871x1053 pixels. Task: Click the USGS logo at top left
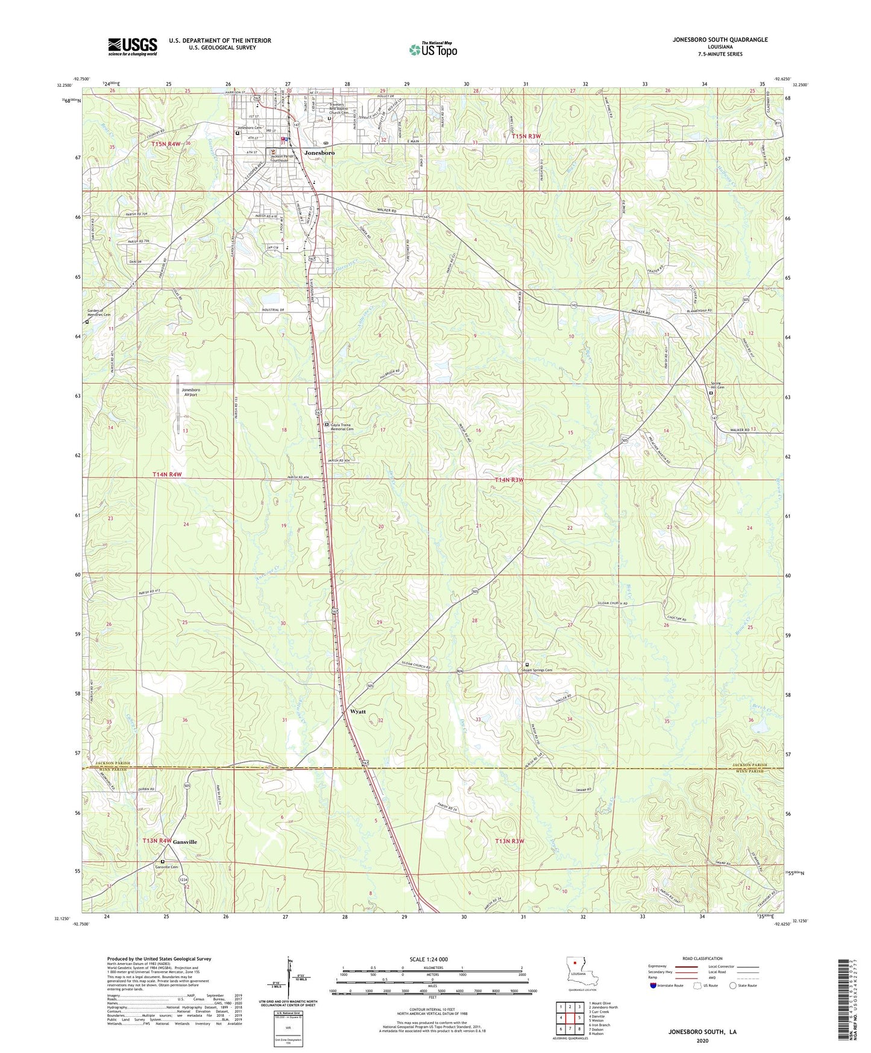click(x=132, y=46)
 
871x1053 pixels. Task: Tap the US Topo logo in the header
click(x=433, y=49)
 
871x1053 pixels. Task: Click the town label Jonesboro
click(x=319, y=153)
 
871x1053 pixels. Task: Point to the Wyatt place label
click(x=357, y=712)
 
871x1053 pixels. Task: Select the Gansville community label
click(x=185, y=841)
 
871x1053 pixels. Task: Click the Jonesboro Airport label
click(x=191, y=393)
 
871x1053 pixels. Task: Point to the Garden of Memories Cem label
click(x=99, y=312)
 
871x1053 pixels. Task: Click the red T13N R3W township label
click(x=509, y=841)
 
